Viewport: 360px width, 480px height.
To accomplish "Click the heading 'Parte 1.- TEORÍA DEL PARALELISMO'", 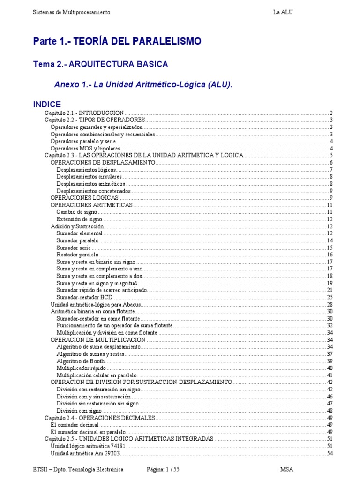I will pyautogui.click(x=117, y=41).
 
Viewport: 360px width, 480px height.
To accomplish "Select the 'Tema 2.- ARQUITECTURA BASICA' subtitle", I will pyautogui.click(x=100, y=64).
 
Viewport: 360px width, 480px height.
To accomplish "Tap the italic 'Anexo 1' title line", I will pyautogui.click(x=143, y=85).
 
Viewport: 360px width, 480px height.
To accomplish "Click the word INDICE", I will pyautogui.click(x=47, y=104).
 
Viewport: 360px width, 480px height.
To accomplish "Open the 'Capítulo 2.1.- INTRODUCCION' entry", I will pyautogui.click(x=84, y=113).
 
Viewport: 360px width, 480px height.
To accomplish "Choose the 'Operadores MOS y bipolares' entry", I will pyautogui.click(x=86, y=149).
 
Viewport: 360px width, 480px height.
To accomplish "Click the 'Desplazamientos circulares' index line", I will pyautogui.click(x=89, y=177).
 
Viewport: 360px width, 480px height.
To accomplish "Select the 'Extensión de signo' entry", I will pyautogui.click(x=79, y=219).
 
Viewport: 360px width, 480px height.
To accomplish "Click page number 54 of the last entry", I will pyautogui.click(x=330, y=453).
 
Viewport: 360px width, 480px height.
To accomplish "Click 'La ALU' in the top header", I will pyautogui.click(x=283, y=12).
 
